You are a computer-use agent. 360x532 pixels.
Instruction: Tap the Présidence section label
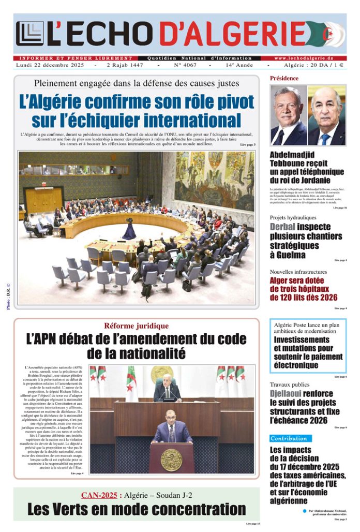tap(284, 78)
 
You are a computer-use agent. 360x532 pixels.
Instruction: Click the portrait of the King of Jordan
tap(288, 115)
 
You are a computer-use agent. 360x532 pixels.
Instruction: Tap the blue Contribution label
tap(291, 438)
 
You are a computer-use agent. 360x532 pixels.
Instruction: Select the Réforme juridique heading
tap(136, 326)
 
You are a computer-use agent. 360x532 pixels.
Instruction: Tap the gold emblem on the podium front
tap(171, 460)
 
